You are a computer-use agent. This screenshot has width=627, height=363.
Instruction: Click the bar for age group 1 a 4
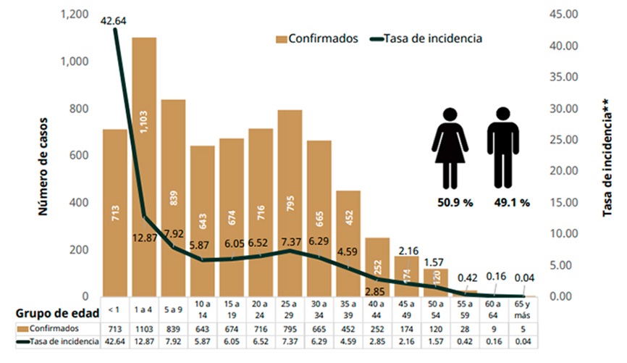point(144,167)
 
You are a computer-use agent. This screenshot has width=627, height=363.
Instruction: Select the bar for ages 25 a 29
point(290,203)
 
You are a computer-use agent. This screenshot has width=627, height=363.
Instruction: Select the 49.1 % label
point(513,203)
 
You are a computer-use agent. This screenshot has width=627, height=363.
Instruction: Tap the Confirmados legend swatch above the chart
point(280,38)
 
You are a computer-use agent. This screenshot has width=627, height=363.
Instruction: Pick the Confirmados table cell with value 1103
point(144,330)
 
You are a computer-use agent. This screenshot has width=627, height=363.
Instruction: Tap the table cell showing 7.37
point(290,342)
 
